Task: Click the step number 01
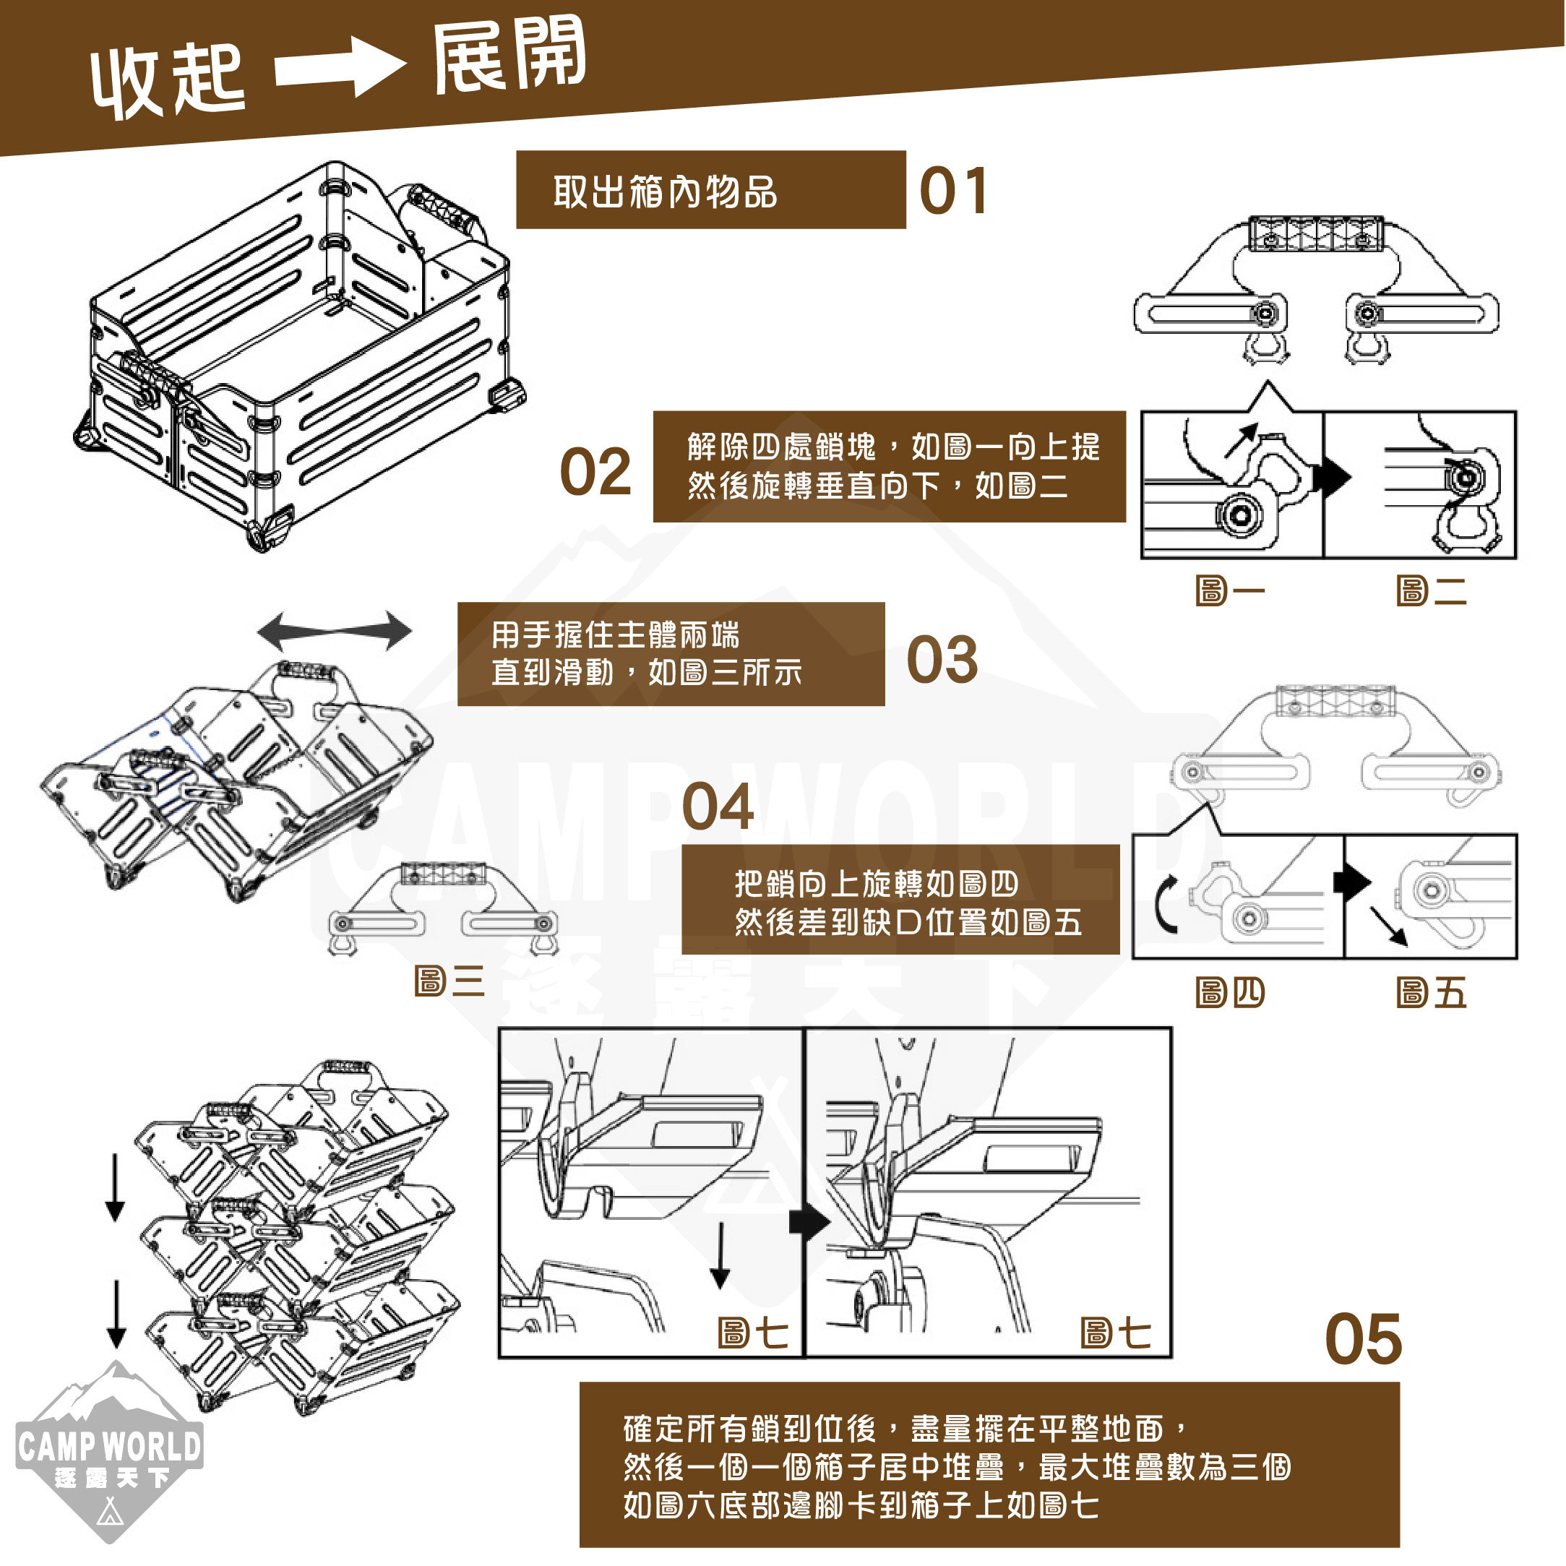click(x=953, y=192)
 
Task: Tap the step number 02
click(x=595, y=472)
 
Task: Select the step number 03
click(x=942, y=659)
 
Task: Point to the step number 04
click(x=718, y=806)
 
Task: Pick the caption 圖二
click(x=1431, y=591)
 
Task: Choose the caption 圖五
click(x=1431, y=992)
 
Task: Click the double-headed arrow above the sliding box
click(x=334, y=631)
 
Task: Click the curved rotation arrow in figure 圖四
click(x=1165, y=905)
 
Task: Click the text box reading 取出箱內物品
click(x=710, y=189)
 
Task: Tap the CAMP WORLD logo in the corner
click(x=108, y=1451)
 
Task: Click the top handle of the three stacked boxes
click(x=348, y=1068)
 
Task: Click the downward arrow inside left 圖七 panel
click(x=720, y=1255)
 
